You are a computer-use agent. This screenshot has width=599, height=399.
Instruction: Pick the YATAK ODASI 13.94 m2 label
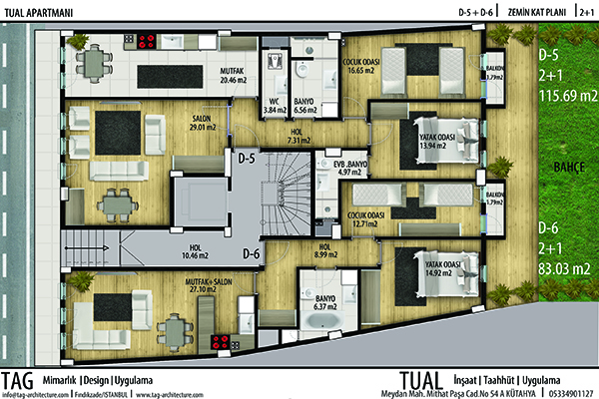tap(431, 141)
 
